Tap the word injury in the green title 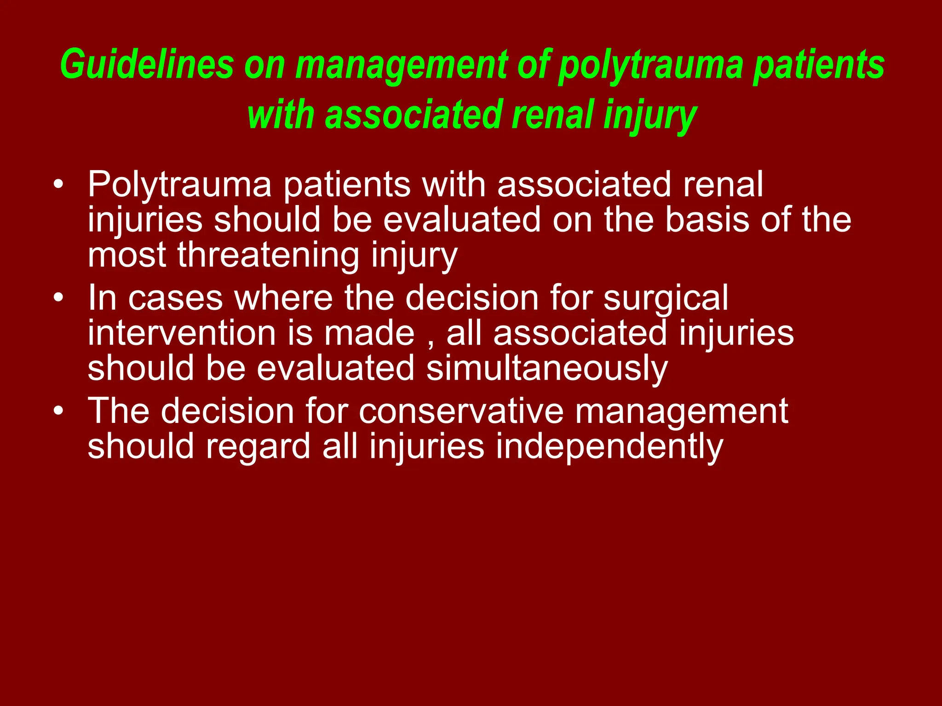(x=650, y=115)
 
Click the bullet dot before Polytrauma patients (x=58, y=185)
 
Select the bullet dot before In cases (x=58, y=298)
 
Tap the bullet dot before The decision (x=58, y=410)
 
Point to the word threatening (x=268, y=255)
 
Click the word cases (x=175, y=298)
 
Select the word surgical (x=666, y=298)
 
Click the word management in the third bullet (x=682, y=410)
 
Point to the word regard (x=258, y=446)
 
